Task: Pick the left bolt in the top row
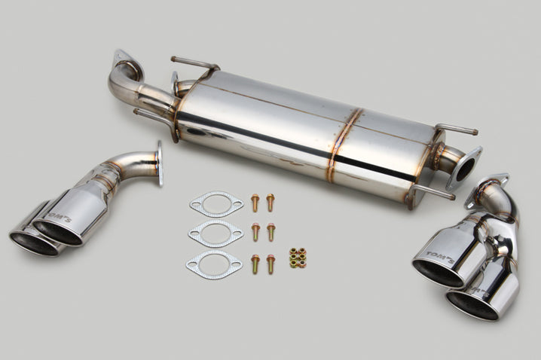(x=255, y=203)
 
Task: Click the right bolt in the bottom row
(x=270, y=264)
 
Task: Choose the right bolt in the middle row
(x=270, y=232)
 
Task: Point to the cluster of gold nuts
(x=298, y=258)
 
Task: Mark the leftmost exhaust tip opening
(x=34, y=244)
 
